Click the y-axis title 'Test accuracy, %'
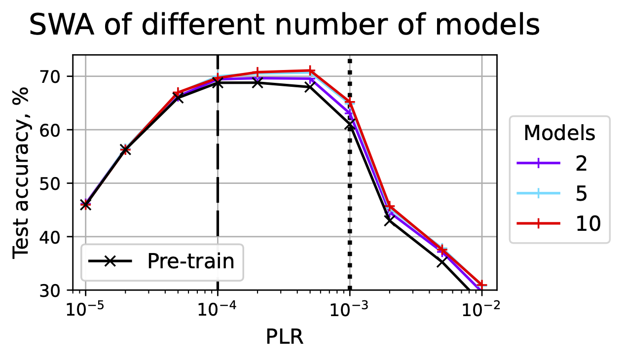(x=21, y=172)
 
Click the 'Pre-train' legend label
(x=190, y=262)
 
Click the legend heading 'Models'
(x=559, y=133)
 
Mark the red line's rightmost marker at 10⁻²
(x=481, y=285)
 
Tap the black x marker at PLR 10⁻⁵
(x=85, y=205)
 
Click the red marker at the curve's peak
(x=310, y=71)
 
